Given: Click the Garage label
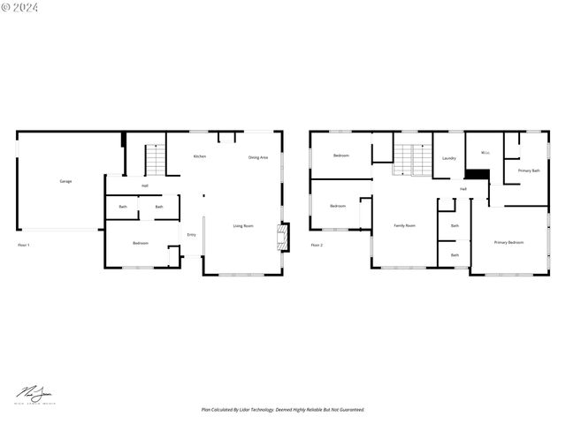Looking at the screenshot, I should coord(65,181).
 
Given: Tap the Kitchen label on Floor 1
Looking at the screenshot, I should coord(200,156).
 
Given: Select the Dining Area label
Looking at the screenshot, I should coord(258,157).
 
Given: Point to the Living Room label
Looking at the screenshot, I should coord(243,226).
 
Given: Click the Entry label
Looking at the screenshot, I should coord(192,234).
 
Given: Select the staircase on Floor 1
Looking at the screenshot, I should coord(155,160).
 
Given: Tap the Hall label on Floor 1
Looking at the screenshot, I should coord(145,185).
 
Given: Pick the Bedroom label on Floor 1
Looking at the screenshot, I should coord(141,243).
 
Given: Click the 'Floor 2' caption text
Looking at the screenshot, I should coord(316,245).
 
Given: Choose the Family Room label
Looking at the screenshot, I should coord(404,226).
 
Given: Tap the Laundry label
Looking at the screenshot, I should coord(448,158).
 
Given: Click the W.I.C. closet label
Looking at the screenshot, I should coord(485,153).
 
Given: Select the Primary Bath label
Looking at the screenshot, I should coord(529,170).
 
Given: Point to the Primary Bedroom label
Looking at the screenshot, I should coord(509,242).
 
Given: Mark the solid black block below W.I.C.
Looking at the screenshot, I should coord(478,174).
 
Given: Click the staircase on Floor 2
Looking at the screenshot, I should coord(405,160).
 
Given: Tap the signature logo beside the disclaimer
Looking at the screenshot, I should coord(33,395).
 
